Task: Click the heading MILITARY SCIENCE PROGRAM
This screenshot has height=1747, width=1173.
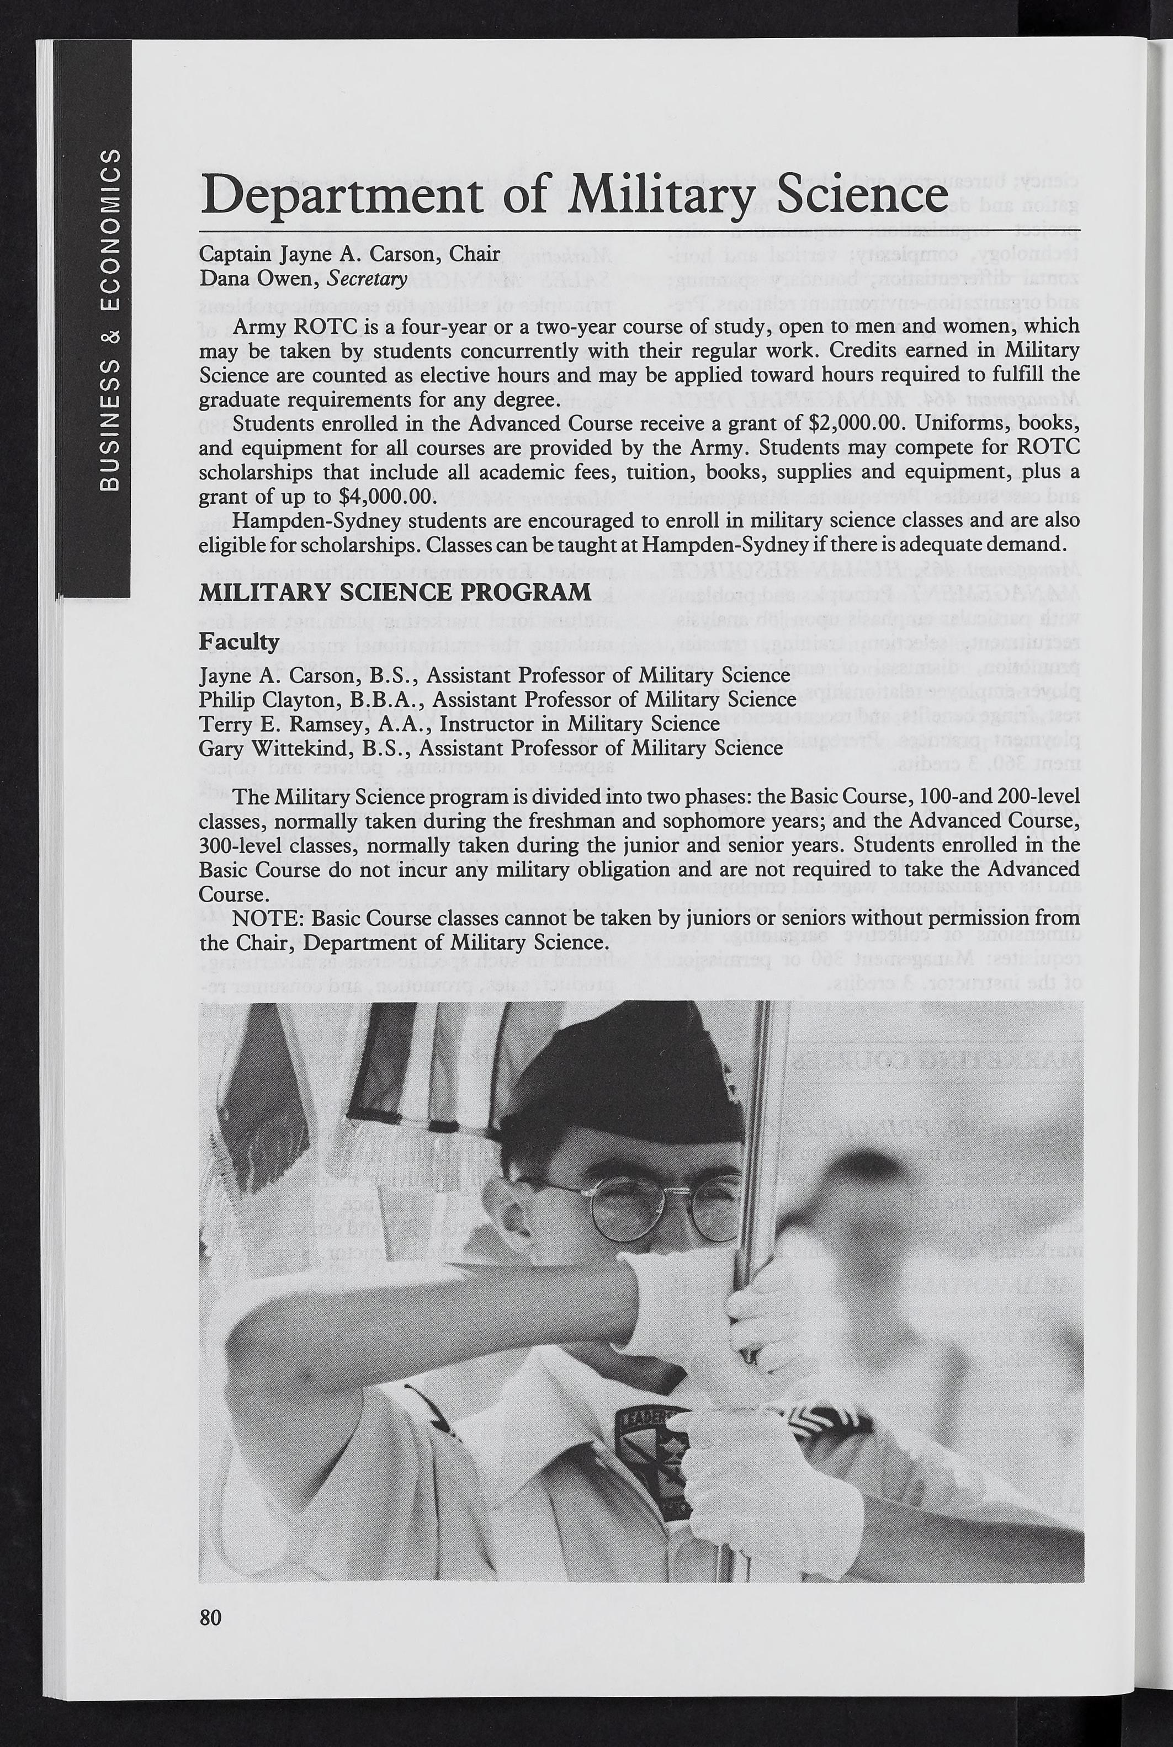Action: pyautogui.click(x=395, y=592)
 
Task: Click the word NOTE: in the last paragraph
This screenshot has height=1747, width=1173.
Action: pyautogui.click(x=267, y=918)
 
